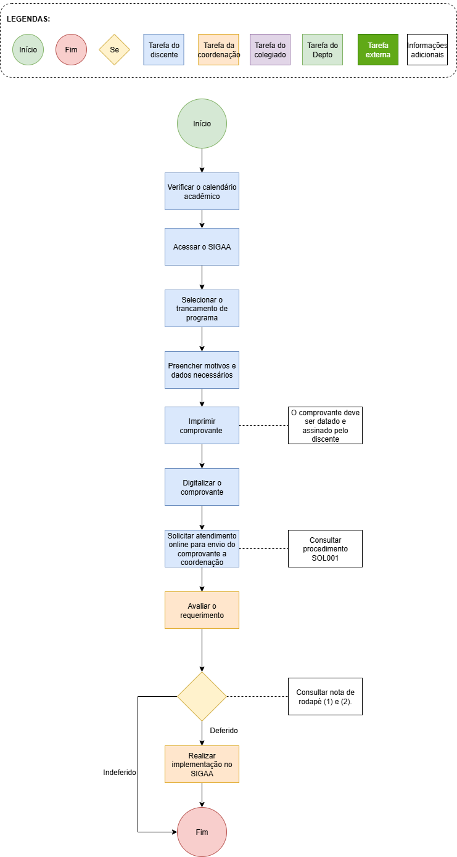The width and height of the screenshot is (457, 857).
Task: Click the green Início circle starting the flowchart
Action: pyautogui.click(x=202, y=124)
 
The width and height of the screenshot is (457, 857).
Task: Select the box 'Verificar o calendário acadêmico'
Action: pyautogui.click(x=202, y=191)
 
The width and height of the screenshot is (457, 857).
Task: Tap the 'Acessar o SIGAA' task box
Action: pyautogui.click(x=202, y=247)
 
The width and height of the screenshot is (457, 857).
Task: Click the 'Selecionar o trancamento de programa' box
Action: pyautogui.click(x=202, y=309)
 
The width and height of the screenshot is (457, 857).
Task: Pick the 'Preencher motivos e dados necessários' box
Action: pyautogui.click(x=202, y=370)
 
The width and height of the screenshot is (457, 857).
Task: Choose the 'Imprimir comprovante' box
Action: pyautogui.click(x=202, y=426)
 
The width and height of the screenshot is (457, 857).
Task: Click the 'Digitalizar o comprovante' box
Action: pyautogui.click(x=202, y=487)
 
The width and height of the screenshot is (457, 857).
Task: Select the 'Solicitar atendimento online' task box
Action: pyautogui.click(x=202, y=548)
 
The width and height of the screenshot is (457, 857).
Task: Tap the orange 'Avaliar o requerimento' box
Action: pyautogui.click(x=202, y=610)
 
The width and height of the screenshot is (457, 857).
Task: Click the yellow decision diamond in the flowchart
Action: pyautogui.click(x=202, y=696)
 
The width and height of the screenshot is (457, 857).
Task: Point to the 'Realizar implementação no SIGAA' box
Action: pyautogui.click(x=202, y=764)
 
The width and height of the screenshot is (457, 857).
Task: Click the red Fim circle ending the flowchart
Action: pyautogui.click(x=202, y=832)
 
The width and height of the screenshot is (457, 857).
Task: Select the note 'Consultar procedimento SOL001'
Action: pyautogui.click(x=325, y=548)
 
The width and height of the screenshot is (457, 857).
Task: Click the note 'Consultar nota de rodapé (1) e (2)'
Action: pyautogui.click(x=325, y=696)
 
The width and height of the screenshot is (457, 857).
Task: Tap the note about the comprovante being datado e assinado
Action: pyautogui.click(x=325, y=426)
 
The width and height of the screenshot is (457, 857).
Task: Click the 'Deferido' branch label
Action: pyautogui.click(x=224, y=730)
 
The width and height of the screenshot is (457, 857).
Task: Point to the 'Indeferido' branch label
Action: pyautogui.click(x=120, y=773)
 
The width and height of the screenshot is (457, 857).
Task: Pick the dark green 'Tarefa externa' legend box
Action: pyautogui.click(x=378, y=50)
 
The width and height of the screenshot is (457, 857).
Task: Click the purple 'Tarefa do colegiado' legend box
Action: pyautogui.click(x=270, y=50)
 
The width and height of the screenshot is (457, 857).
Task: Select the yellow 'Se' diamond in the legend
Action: pyautogui.click(x=114, y=50)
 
